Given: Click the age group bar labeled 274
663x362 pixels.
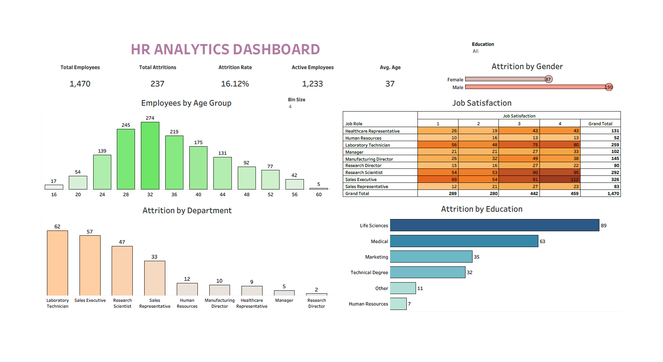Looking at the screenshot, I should (150, 156).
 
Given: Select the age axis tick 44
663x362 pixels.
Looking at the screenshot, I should (222, 195).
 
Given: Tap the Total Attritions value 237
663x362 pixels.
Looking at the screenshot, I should (157, 84).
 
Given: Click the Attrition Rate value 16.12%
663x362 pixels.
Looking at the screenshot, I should (235, 84).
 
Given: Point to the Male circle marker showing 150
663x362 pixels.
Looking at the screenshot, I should (609, 87).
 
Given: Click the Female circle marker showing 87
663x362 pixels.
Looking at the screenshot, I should (548, 79).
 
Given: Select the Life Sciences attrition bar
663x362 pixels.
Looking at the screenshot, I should (494, 225).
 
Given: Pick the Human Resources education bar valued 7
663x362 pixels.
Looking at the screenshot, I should (398, 304).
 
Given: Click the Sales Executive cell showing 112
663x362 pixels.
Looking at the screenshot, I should (560, 180).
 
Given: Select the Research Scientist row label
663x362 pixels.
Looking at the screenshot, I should (364, 173).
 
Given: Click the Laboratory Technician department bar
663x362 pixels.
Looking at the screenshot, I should (57, 263).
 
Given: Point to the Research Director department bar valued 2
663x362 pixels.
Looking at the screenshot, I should (317, 294).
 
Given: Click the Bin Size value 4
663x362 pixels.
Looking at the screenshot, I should (290, 107).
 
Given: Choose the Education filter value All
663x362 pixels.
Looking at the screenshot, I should (476, 51).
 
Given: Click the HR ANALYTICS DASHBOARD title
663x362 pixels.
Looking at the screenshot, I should (225, 49).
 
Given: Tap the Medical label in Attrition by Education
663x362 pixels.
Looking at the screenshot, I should (379, 241).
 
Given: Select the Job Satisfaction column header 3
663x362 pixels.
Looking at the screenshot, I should (519, 124).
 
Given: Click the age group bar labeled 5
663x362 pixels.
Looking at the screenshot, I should (318, 189).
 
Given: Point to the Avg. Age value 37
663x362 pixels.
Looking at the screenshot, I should (390, 84).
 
